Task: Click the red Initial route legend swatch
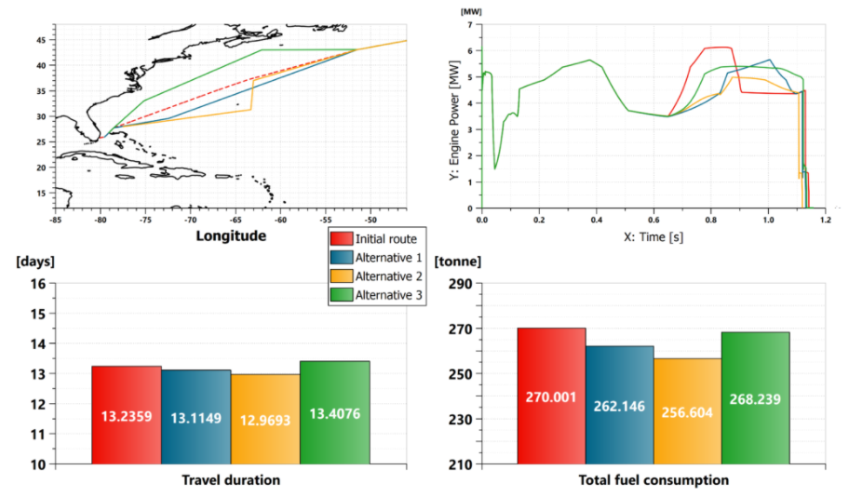coord(341,239)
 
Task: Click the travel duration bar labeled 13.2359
coord(127,415)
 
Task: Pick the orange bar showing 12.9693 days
coord(265,419)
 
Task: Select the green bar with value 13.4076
coord(334,412)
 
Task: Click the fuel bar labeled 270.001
coord(551,396)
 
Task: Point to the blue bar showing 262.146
coord(619,406)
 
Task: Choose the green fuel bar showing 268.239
coord(755,398)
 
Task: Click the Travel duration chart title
coord(231,480)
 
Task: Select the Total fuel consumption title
coord(654,480)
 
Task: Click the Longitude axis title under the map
coord(231,235)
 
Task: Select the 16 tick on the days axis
coord(37,284)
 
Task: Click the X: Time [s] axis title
coord(654,236)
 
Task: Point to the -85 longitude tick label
coord(56,220)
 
